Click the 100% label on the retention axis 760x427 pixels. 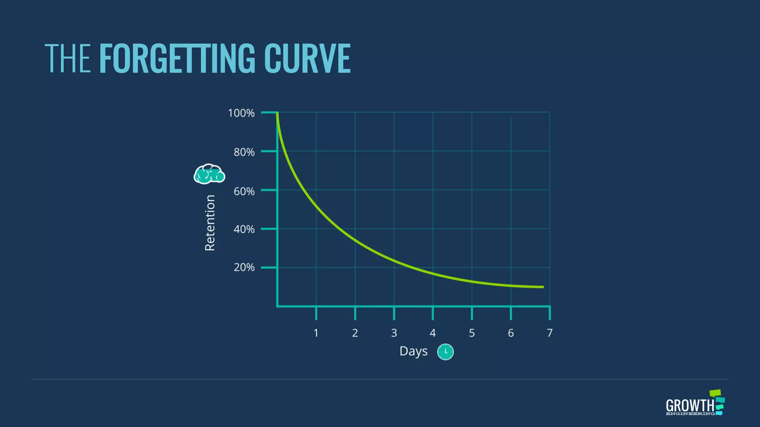click(x=241, y=113)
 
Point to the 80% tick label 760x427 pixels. click(x=244, y=152)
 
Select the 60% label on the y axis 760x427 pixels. click(x=244, y=191)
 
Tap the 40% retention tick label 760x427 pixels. click(x=244, y=229)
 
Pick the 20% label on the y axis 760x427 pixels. click(x=244, y=268)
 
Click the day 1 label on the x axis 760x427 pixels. click(x=316, y=333)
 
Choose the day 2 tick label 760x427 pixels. click(x=355, y=333)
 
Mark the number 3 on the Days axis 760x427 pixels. click(x=394, y=333)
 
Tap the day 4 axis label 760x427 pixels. click(x=433, y=333)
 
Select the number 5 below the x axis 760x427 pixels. click(x=472, y=333)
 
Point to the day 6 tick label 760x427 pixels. click(x=511, y=333)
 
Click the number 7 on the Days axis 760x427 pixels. click(x=550, y=333)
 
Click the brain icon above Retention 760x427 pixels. click(x=209, y=174)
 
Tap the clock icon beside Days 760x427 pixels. click(x=445, y=352)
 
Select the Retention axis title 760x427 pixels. click(x=210, y=223)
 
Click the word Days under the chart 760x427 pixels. click(x=413, y=351)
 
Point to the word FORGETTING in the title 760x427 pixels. click(x=177, y=58)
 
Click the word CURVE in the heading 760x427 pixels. click(x=307, y=58)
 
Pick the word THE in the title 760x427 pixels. click(x=68, y=58)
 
